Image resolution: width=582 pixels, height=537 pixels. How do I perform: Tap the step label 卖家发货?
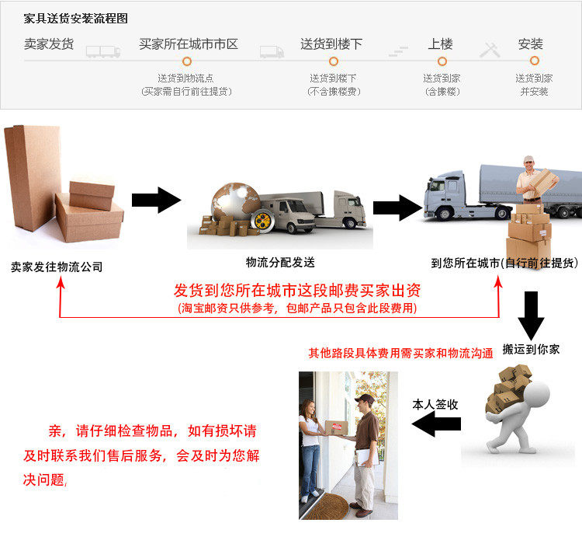point(49,44)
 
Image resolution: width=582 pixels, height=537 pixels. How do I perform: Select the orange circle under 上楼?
point(442,61)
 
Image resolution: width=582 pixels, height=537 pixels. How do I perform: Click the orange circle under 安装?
point(535,61)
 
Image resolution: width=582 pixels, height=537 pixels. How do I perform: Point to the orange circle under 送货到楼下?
point(334,61)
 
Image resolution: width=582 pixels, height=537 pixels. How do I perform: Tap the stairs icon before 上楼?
point(398,51)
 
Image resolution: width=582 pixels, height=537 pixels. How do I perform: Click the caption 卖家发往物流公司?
point(57,267)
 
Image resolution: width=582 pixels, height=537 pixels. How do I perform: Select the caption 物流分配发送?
point(280,262)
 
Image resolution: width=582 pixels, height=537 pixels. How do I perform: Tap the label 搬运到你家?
point(531,349)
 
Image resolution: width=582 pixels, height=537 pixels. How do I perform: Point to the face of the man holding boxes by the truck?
point(529,166)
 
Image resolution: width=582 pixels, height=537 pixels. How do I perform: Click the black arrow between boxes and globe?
point(156,200)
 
